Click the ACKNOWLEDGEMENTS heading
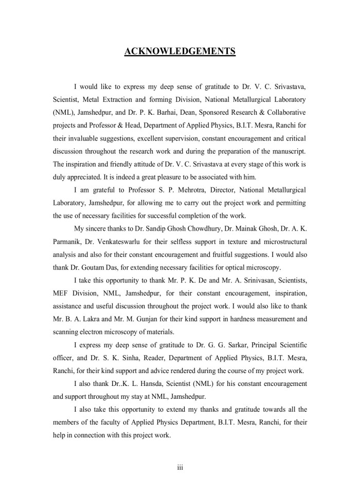tap(180, 51)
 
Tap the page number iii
tap(180, 468)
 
